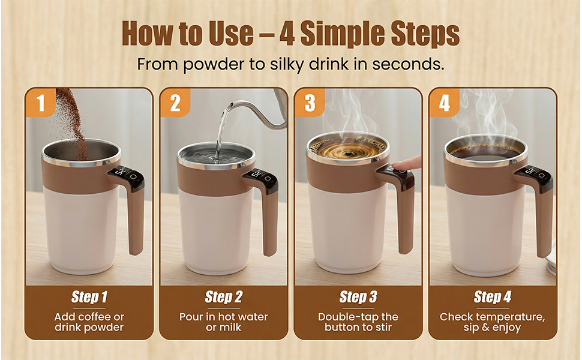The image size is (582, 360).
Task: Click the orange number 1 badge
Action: click(x=40, y=103)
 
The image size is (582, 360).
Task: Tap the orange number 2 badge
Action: click(x=175, y=103)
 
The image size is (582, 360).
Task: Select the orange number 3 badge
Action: click(x=310, y=103)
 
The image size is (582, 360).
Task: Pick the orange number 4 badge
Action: click(x=444, y=103)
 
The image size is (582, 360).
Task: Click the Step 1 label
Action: click(x=89, y=297)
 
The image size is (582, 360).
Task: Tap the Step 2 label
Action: click(x=223, y=297)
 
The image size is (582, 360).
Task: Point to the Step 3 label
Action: click(x=358, y=297)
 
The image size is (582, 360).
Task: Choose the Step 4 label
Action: click(x=492, y=297)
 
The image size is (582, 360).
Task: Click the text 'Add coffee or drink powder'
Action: click(x=89, y=322)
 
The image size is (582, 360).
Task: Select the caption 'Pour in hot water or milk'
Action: click(x=223, y=322)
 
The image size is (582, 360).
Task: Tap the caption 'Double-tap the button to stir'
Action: click(x=358, y=322)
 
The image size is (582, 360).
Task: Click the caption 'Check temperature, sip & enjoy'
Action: click(x=492, y=322)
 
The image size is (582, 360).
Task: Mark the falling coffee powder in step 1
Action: click(x=71, y=117)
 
